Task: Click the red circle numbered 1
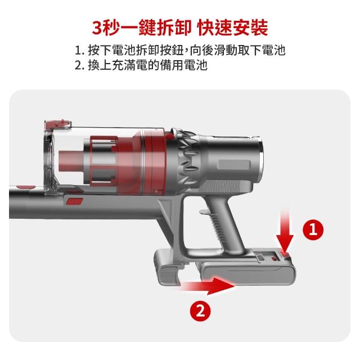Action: (313, 230)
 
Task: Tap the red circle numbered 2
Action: (200, 311)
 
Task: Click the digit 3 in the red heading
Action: (97, 28)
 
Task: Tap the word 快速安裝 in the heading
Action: (232, 28)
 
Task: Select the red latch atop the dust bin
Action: (58, 124)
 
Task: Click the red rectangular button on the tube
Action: (74, 201)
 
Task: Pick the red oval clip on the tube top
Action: (26, 187)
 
